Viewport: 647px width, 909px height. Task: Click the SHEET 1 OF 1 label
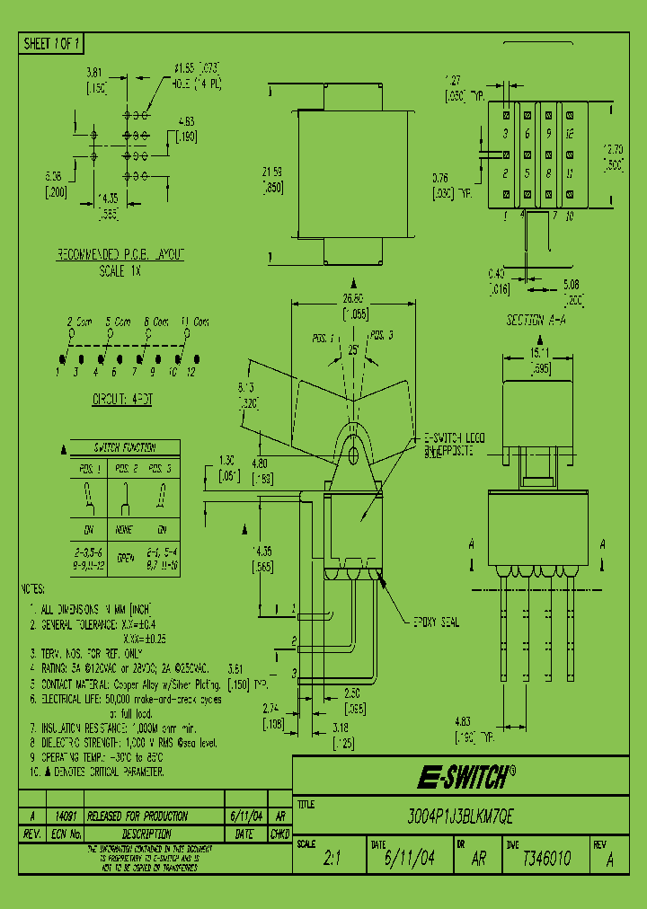pyautogui.click(x=52, y=43)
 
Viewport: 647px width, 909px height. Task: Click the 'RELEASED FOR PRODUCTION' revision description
pyautogui.click(x=131, y=816)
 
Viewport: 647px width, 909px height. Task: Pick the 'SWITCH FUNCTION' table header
pyautogui.click(x=125, y=447)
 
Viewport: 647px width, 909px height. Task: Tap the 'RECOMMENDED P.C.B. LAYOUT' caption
pyautogui.click(x=120, y=255)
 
